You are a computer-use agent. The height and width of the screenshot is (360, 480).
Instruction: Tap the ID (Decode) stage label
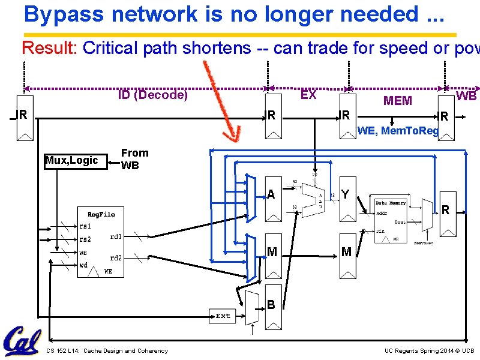point(152,95)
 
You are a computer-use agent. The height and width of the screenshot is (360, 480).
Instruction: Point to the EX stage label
point(308,95)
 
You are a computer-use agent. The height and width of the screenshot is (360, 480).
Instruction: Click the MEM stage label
point(397,101)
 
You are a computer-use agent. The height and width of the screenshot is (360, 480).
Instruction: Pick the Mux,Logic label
point(71,160)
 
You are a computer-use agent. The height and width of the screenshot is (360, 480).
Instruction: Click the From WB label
point(134,159)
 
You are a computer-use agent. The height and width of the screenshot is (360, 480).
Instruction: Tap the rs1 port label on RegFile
point(86,226)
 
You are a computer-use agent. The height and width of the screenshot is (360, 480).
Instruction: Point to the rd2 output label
point(116,258)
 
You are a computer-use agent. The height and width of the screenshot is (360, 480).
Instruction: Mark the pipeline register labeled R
point(445,210)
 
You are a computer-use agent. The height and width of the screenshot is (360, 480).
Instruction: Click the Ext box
point(223,316)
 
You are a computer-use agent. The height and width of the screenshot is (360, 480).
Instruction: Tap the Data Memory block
point(390,220)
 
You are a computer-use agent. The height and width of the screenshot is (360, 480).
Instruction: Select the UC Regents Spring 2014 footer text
point(429,351)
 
